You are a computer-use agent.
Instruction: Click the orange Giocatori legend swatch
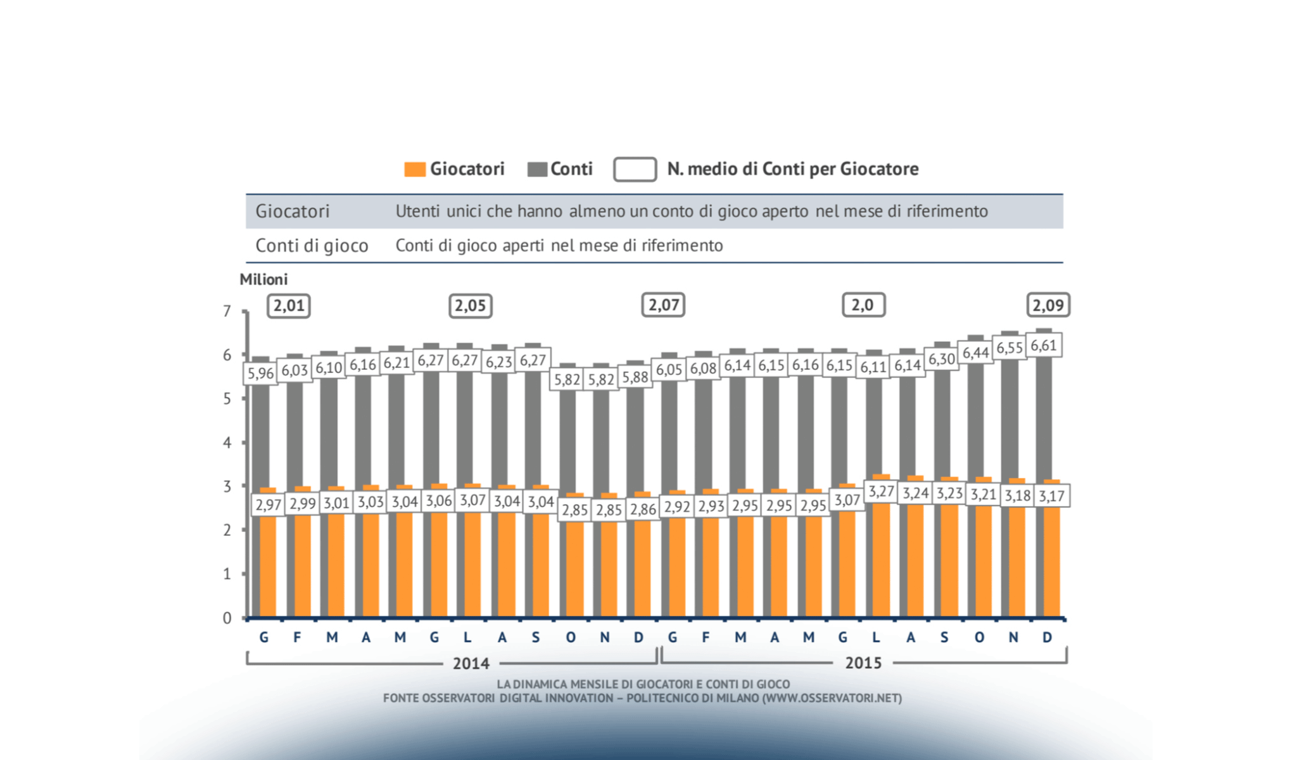pyautogui.click(x=415, y=170)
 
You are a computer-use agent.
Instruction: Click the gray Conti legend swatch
pyautogui.click(x=537, y=170)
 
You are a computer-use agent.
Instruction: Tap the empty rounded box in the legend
pyautogui.click(x=635, y=170)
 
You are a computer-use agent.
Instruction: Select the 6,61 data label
pyautogui.click(x=1043, y=346)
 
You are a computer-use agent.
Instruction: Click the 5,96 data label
pyautogui.click(x=260, y=374)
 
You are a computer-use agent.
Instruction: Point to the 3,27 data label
pyautogui.click(x=881, y=491)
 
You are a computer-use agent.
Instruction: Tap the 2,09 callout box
pyautogui.click(x=1048, y=305)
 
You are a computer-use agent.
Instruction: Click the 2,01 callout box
pyautogui.click(x=289, y=306)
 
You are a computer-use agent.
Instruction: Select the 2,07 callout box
pyautogui.click(x=663, y=305)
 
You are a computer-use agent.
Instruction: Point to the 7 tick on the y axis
pyautogui.click(x=227, y=312)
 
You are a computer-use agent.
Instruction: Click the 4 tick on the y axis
pyautogui.click(x=227, y=443)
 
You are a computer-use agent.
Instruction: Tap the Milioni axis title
pyautogui.click(x=263, y=279)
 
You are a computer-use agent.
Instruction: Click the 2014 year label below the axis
pyautogui.click(x=471, y=663)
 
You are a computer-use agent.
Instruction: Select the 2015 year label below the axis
pyautogui.click(x=863, y=662)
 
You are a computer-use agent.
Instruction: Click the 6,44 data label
pyautogui.click(x=975, y=353)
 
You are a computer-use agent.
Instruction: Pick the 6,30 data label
pyautogui.click(x=941, y=359)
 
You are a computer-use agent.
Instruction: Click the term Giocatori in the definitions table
pyautogui.click(x=293, y=212)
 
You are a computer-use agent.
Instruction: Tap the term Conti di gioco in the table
pyautogui.click(x=312, y=246)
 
